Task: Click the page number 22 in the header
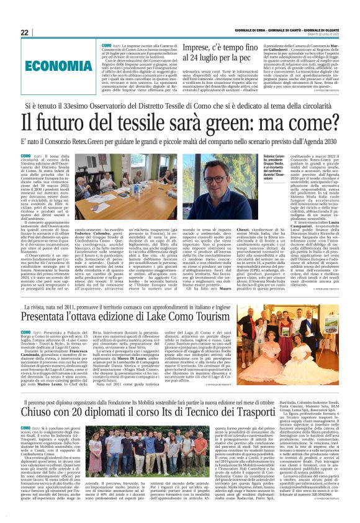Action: [24, 32]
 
